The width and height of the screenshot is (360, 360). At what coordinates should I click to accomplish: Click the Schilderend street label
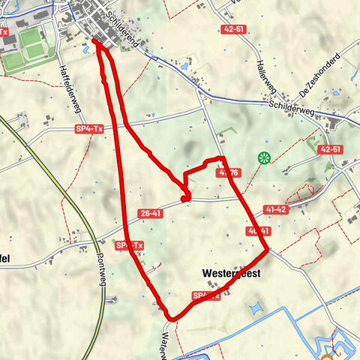tap(124, 30)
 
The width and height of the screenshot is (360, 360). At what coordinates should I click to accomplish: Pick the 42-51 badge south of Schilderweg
tap(331, 150)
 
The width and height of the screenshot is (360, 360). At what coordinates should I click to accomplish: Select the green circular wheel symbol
tap(263, 157)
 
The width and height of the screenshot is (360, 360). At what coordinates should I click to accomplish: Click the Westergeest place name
tap(231, 274)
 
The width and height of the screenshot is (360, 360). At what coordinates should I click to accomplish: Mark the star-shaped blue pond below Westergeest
tap(254, 307)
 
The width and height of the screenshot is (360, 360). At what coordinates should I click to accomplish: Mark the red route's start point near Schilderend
tap(96, 42)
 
